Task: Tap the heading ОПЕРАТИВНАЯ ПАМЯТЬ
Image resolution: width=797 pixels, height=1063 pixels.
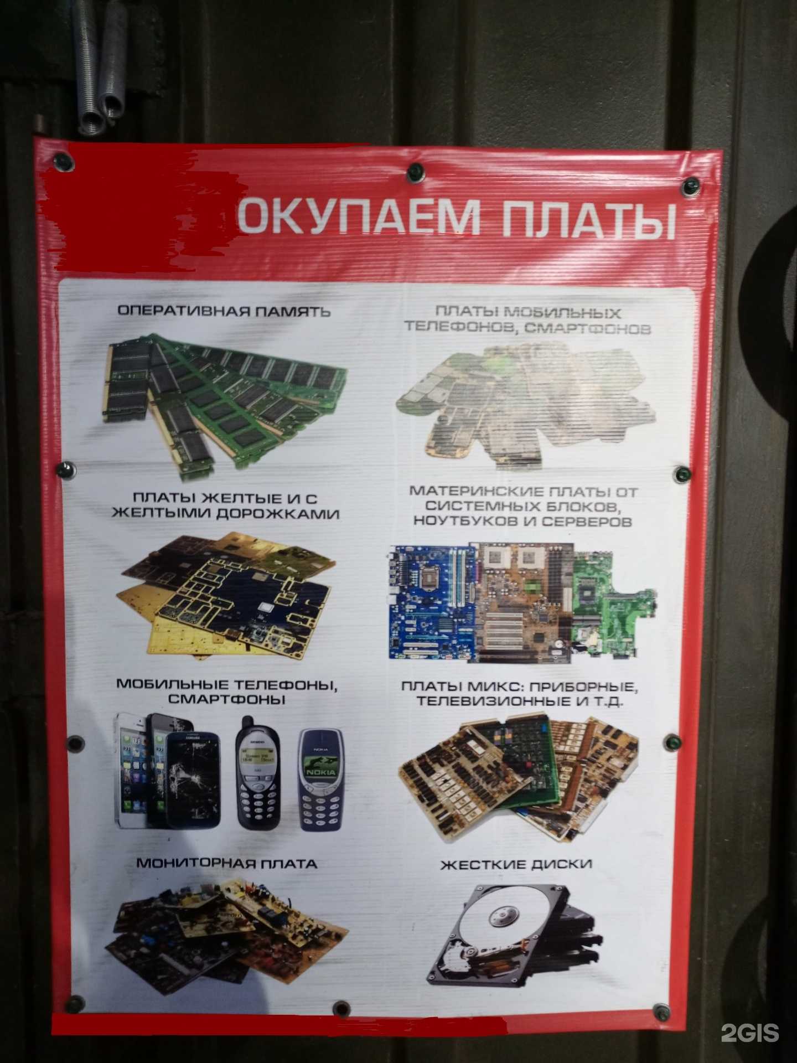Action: click(224, 311)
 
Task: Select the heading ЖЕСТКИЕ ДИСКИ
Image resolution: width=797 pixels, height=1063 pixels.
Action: click(516, 864)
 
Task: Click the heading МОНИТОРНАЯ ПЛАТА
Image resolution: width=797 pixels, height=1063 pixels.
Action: click(226, 863)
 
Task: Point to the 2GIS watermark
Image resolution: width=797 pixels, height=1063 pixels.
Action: click(749, 1033)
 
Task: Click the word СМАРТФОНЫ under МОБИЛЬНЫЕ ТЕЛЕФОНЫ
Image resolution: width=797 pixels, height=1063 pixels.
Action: click(226, 699)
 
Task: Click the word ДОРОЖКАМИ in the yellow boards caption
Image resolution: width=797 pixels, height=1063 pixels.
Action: click(277, 514)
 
